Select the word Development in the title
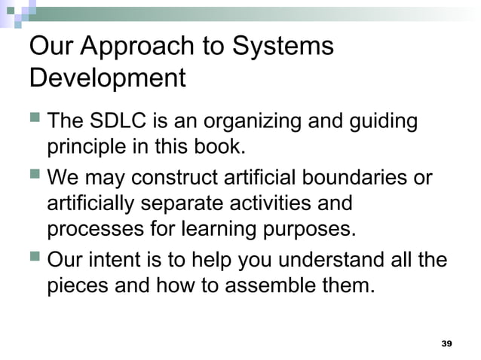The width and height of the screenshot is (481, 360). (106, 78)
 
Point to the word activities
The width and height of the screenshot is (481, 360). (286, 203)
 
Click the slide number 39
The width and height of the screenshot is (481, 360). (446, 343)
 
